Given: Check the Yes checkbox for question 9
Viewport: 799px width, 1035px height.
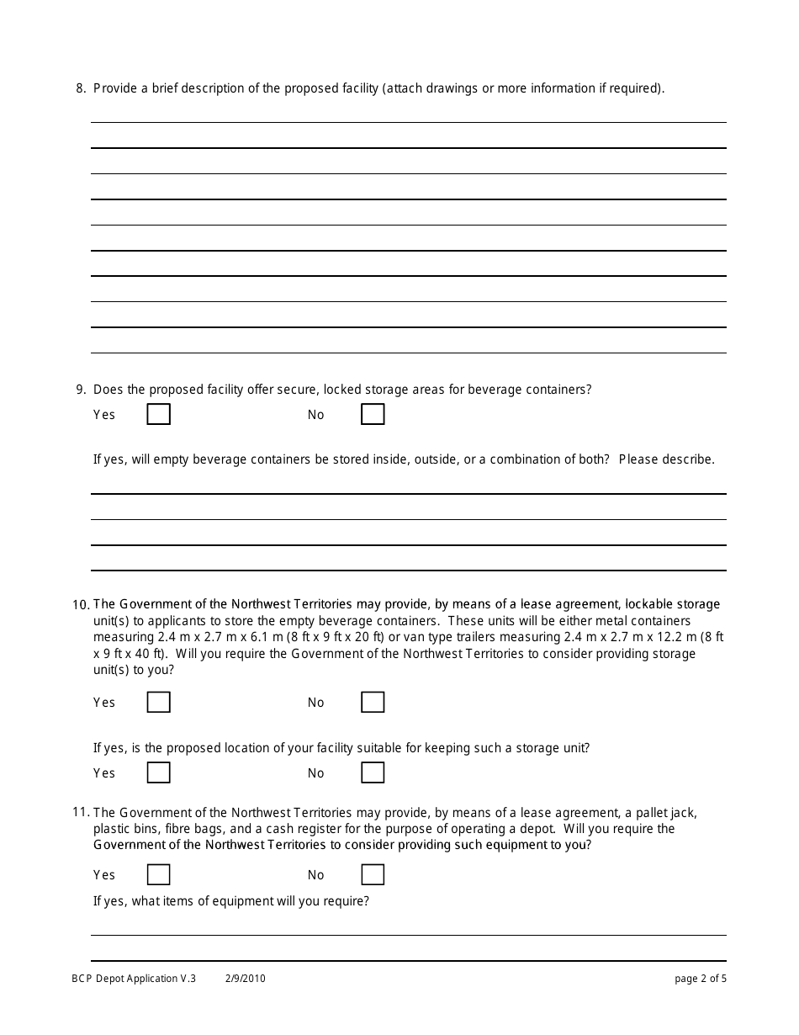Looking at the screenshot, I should [x=158, y=415].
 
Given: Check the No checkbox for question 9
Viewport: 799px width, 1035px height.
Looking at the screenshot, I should [x=373, y=415].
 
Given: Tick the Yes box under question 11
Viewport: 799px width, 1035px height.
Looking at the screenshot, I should [x=158, y=875].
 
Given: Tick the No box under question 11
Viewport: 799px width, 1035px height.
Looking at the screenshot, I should [x=373, y=875].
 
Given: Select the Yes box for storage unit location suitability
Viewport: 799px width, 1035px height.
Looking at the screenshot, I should [x=158, y=772].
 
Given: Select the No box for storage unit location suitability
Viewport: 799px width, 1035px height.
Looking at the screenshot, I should [x=373, y=772].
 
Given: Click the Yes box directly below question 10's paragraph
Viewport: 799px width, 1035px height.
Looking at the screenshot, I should [x=158, y=703].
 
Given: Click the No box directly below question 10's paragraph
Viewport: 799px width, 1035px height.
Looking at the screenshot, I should [x=373, y=703].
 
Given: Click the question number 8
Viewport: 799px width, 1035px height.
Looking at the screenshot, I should [x=81, y=88].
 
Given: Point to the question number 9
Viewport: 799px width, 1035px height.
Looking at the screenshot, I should [x=81, y=390].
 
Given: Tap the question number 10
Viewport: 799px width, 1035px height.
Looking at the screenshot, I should [x=81, y=605].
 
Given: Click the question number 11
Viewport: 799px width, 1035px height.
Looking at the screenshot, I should [x=81, y=813].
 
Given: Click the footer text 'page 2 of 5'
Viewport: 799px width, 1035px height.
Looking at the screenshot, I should [x=701, y=979].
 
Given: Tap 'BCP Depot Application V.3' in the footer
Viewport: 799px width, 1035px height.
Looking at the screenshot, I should [x=134, y=979].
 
